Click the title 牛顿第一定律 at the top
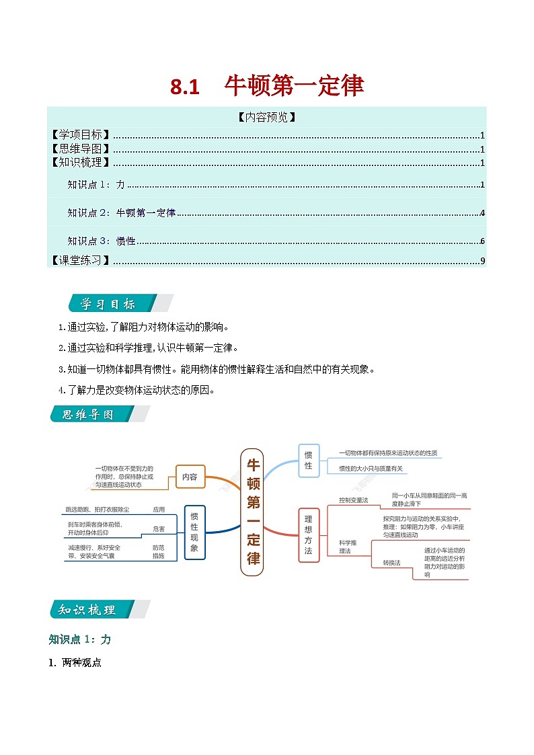pos(294,86)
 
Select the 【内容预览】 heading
pos(267,117)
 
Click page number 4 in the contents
pos(483,213)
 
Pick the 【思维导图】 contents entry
pos(81,149)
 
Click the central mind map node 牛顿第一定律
pos(252,511)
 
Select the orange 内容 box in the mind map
pos(190,477)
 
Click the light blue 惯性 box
pos(309,461)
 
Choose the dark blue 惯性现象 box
pos(194,532)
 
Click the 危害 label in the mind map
pos(159,529)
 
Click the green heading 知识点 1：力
pos(79,639)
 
